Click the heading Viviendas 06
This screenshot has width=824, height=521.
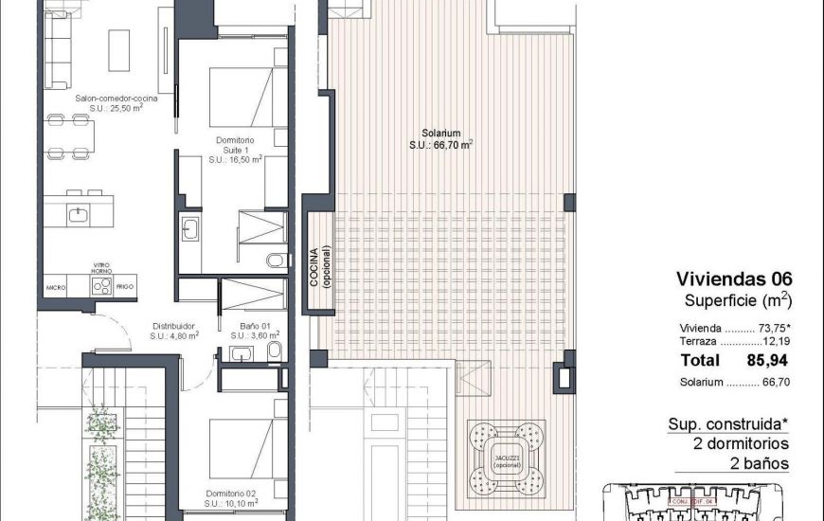pyautogui.click(x=733, y=279)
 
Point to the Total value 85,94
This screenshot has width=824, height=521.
pyautogui.click(x=768, y=360)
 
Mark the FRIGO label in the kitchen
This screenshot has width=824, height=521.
pyautogui.click(x=125, y=285)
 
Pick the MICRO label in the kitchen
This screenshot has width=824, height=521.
pyautogui.click(x=56, y=285)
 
